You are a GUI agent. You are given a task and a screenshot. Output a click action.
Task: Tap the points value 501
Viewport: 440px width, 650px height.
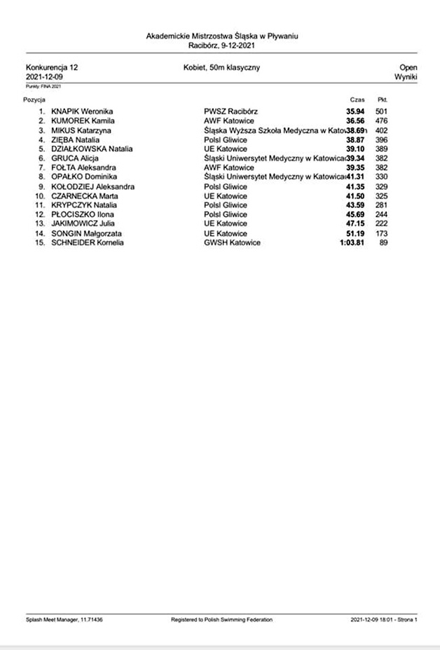pos(382,111)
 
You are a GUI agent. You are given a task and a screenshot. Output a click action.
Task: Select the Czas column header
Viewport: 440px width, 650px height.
pos(357,100)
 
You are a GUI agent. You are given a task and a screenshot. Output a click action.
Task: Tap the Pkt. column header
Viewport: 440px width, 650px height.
pos(383,100)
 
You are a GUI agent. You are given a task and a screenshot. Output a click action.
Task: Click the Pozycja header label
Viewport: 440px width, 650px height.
pos(34,100)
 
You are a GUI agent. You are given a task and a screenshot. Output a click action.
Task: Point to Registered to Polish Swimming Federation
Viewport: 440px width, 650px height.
pos(221,620)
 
